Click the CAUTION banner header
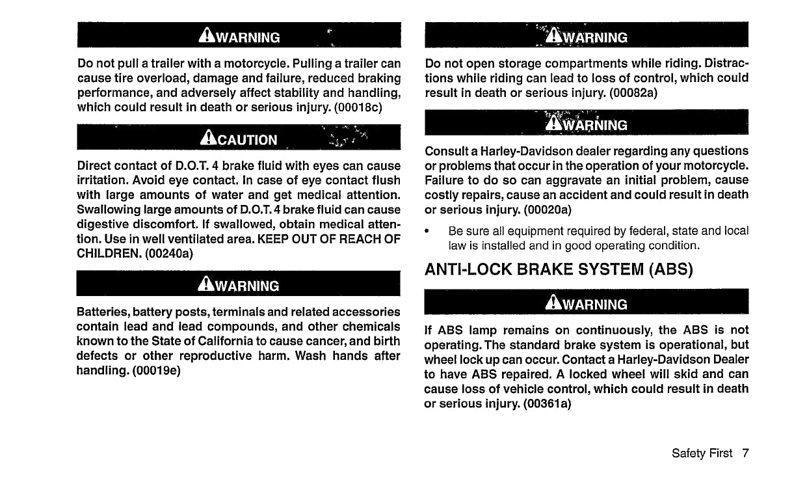tap(239, 139)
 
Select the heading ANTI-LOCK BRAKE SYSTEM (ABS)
tap(558, 269)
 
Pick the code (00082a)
tap(633, 92)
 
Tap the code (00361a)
tap(548, 403)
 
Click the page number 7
tap(745, 453)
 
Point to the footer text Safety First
tap(702, 453)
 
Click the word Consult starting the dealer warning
tap(447, 150)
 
